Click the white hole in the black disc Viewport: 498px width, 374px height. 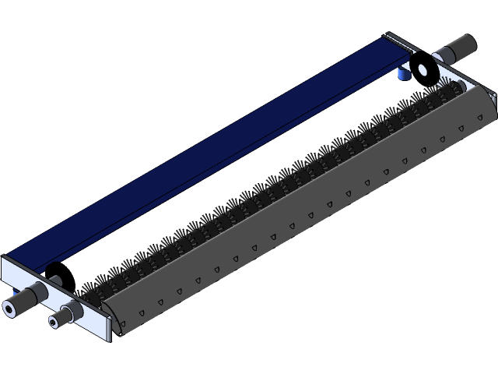423,70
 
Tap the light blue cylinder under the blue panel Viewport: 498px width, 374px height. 404,73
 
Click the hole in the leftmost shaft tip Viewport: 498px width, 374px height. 9,309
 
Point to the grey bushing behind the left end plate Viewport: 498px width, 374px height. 56,279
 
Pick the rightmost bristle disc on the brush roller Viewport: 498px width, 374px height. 450,91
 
